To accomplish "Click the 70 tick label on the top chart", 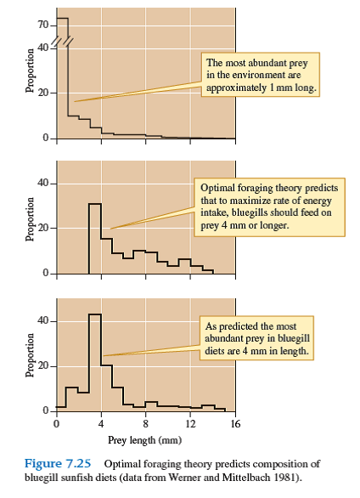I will [42, 24].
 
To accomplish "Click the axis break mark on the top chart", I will [61, 41].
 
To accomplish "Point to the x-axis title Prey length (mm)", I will [144, 439].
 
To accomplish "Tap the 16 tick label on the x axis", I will [235, 423].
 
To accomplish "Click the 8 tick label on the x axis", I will [145, 423].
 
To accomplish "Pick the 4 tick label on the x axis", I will [101, 423].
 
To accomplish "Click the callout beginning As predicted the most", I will [262, 338].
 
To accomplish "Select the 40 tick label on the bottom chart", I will [42, 321].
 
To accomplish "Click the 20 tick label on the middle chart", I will [42, 229].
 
